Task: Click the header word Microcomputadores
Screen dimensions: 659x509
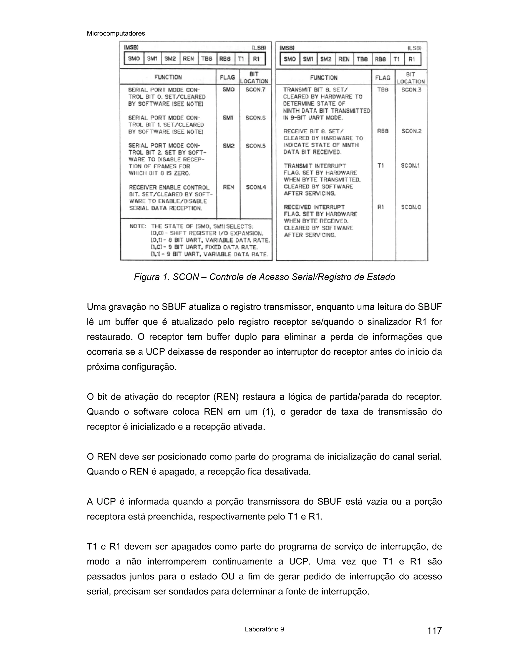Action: coord(116,34)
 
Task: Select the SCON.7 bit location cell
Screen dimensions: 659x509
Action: coord(255,90)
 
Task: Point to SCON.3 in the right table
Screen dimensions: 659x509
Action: coord(411,90)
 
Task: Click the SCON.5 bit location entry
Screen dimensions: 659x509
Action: coord(256,146)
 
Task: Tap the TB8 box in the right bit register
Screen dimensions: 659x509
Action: coord(362,59)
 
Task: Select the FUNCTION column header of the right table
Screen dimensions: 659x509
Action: coord(324,78)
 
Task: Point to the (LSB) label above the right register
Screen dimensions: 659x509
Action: coord(414,48)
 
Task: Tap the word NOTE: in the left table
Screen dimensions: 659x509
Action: coord(138,226)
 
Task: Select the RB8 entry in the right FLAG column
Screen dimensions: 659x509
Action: coord(383,131)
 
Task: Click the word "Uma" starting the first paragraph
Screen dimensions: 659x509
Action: coord(96,307)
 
